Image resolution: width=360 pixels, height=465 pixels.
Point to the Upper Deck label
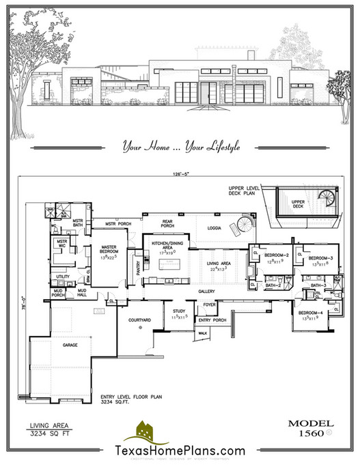point(295,202)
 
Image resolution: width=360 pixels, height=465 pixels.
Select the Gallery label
point(206,291)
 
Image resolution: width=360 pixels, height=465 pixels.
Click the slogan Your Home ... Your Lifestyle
point(180,145)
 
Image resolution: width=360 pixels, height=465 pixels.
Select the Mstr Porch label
point(117,223)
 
